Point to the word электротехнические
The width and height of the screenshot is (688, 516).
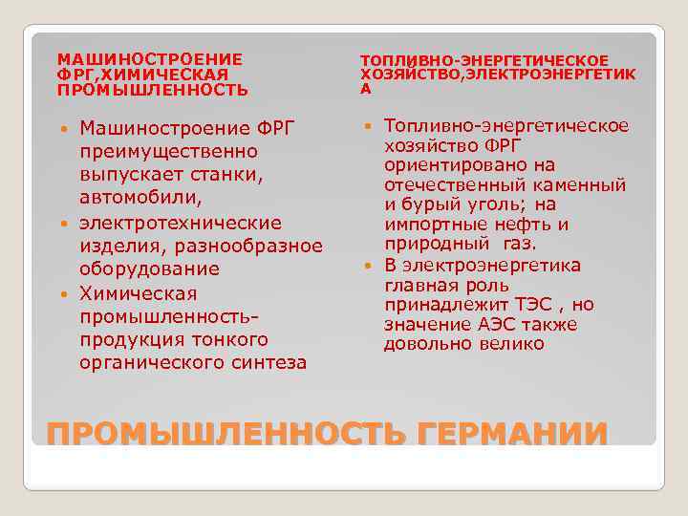pos(181,223)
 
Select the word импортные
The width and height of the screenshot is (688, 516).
pos(427,225)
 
